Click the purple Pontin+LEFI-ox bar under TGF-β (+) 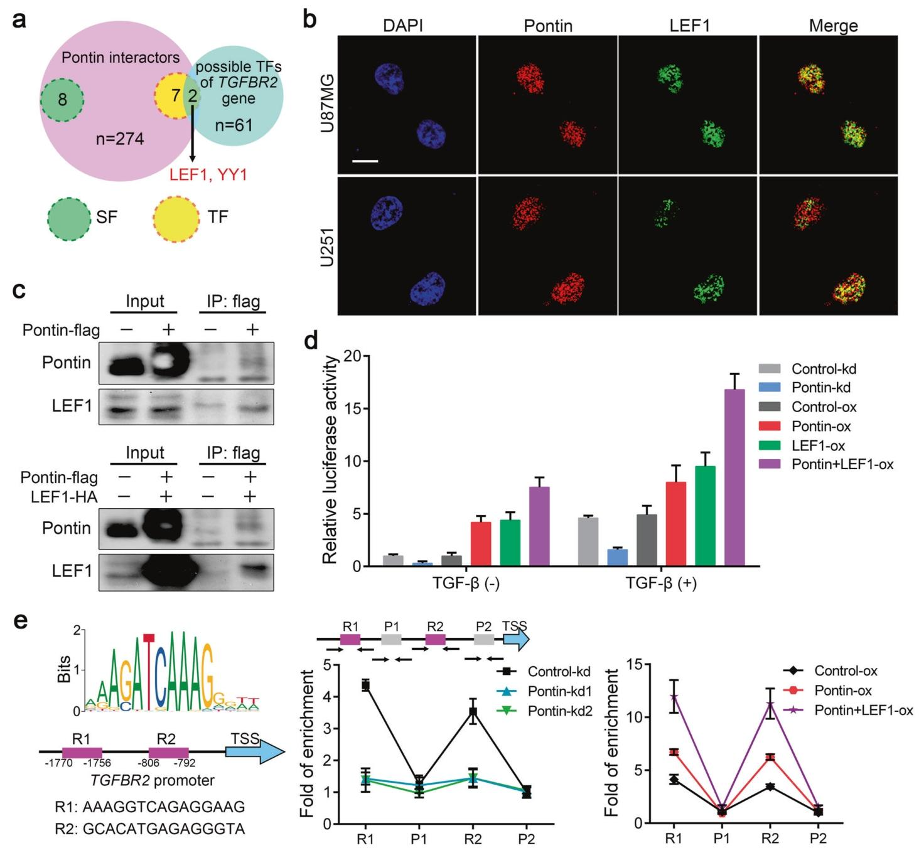coord(734,477)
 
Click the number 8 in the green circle coord(62,100)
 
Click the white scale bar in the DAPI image coord(365,161)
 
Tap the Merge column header coord(833,26)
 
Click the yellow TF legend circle coord(176,217)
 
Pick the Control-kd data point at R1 coord(365,685)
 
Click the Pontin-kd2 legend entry coord(560,711)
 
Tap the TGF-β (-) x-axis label coord(466,583)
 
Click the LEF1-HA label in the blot coord(66,496)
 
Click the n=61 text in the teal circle coord(234,125)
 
